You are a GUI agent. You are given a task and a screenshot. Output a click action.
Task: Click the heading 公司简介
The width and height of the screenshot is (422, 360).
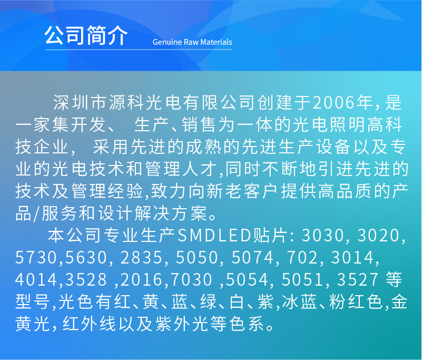coord(86,36)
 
